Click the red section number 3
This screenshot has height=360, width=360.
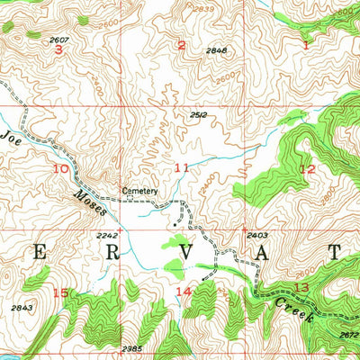click(58, 49)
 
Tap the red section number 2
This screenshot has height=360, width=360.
click(181, 45)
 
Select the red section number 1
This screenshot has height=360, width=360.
click(305, 43)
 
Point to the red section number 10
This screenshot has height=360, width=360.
click(60, 168)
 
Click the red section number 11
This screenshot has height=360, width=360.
click(182, 168)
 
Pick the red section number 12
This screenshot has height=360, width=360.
click(307, 168)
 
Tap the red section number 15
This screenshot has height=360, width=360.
click(60, 292)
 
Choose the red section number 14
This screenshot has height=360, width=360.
click(183, 291)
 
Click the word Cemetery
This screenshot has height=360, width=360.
click(140, 191)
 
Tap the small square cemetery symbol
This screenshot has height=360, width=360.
click(129, 200)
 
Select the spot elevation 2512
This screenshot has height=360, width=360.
click(200, 114)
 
